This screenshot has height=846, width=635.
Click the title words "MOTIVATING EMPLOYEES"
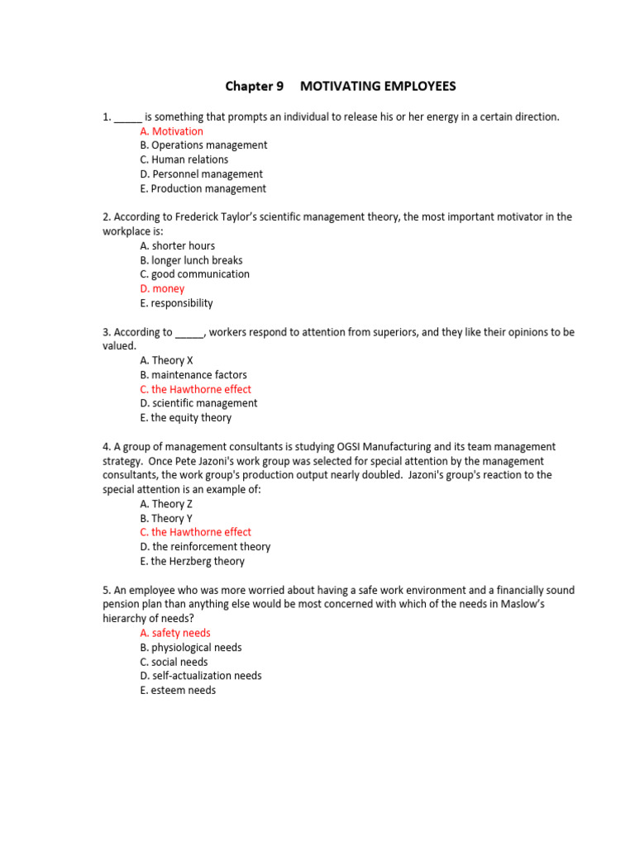pyautogui.click(x=378, y=86)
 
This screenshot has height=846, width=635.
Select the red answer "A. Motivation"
pyautogui.click(x=171, y=131)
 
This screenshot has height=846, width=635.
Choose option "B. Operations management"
pyautogui.click(x=203, y=145)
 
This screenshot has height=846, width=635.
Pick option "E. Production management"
pyautogui.click(x=203, y=188)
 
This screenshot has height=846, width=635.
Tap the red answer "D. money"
pyautogui.click(x=162, y=289)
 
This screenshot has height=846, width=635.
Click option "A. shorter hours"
pyautogui.click(x=177, y=245)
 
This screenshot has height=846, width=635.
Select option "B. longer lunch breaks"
pyautogui.click(x=191, y=260)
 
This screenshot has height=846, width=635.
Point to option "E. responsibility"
pyautogui.click(x=176, y=303)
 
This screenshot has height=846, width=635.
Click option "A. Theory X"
pyautogui.click(x=166, y=360)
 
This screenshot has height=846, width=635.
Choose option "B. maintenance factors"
pyautogui.click(x=193, y=375)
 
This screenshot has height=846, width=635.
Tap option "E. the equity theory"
pyautogui.click(x=185, y=418)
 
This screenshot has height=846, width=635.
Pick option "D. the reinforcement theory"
pyautogui.click(x=205, y=547)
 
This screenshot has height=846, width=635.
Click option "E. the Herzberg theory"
pyautogui.click(x=192, y=561)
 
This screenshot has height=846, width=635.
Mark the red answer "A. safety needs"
pyautogui.click(x=175, y=633)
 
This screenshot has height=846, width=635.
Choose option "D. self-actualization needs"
pyautogui.click(x=201, y=676)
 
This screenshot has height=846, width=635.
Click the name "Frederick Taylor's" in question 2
pyautogui.click(x=198, y=217)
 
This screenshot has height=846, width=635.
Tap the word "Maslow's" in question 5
pyautogui.click(x=547, y=605)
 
